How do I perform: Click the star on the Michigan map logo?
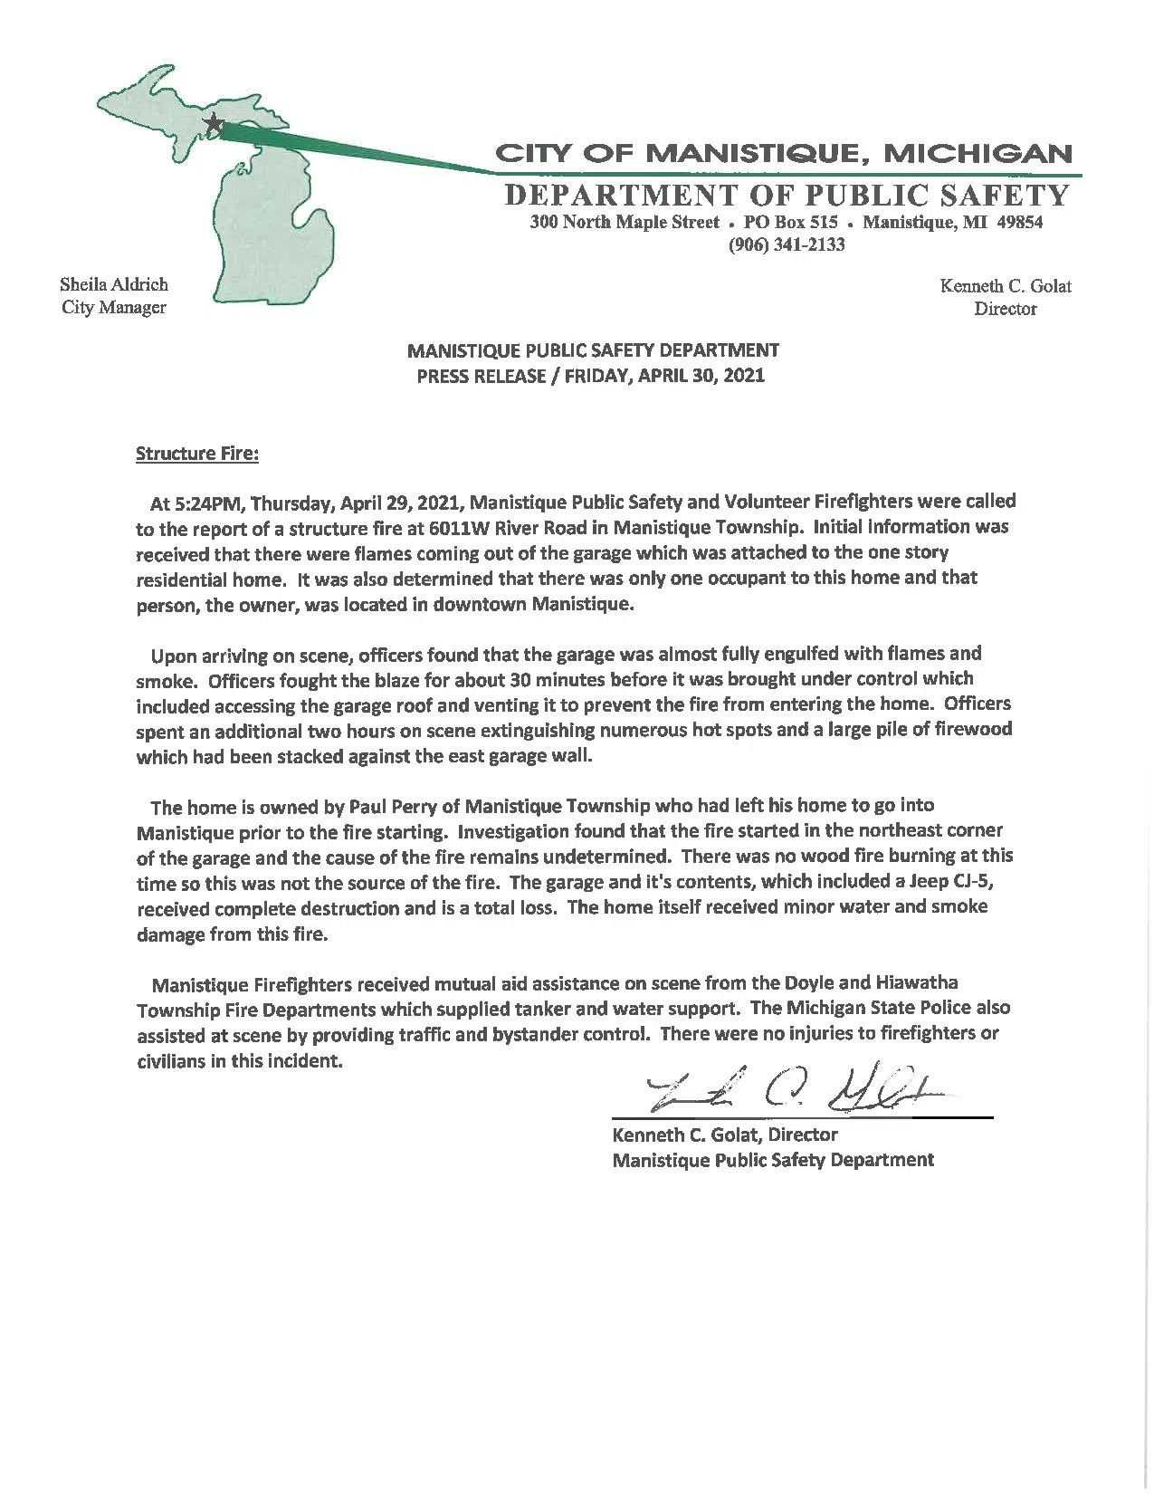(215, 123)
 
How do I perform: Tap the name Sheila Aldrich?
(114, 284)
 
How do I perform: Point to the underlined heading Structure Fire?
(197, 454)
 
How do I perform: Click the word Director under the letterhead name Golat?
(1005, 310)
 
